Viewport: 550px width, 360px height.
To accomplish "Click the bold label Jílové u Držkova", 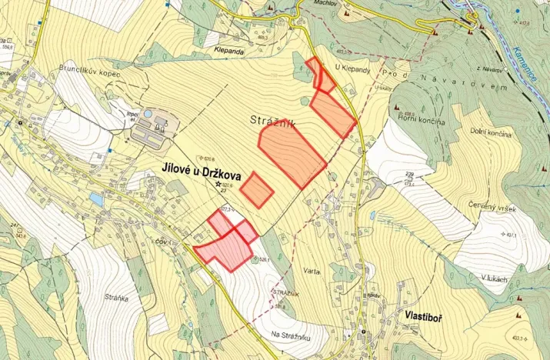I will (x=206, y=168).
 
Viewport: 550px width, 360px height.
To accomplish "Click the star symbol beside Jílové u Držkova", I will (x=218, y=184).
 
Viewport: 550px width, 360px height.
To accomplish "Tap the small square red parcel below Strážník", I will (x=257, y=189).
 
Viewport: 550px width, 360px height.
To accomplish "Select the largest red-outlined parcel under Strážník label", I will (x=292, y=154).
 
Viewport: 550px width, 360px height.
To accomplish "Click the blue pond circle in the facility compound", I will (x=147, y=115).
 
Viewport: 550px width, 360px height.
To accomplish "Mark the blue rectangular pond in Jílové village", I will (x=95, y=198).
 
